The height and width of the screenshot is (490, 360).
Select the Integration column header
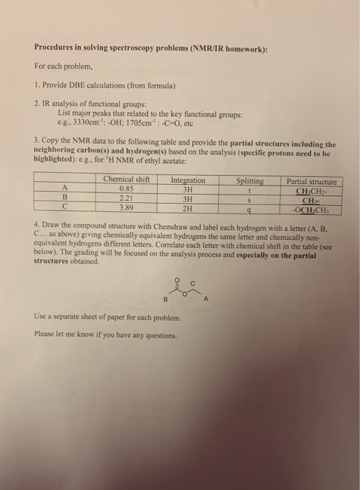pos(188,181)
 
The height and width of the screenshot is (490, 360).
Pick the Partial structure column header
pos(312,182)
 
